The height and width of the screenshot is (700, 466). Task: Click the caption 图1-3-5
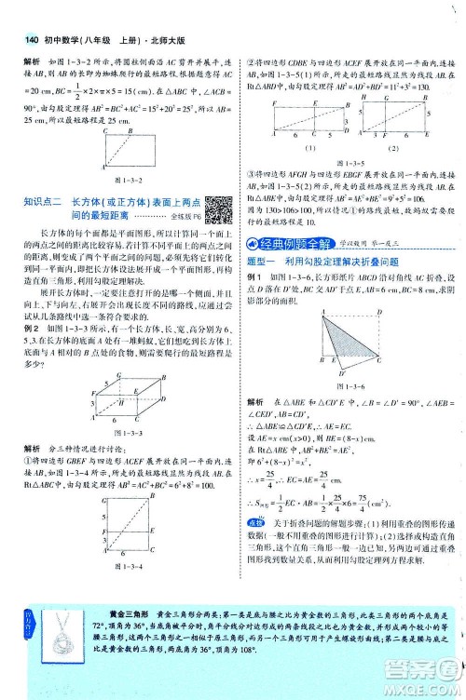pyautogui.click(x=345, y=161)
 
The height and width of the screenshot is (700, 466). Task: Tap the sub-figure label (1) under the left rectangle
pyautogui.click(x=286, y=148)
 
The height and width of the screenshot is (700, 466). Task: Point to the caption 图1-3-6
pyautogui.click(x=344, y=386)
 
